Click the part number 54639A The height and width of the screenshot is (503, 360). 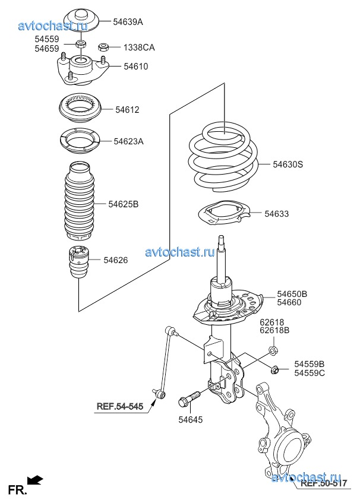click(128, 22)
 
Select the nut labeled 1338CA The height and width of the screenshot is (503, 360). click(103, 47)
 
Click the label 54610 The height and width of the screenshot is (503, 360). click(136, 67)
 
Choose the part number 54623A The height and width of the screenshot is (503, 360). click(129, 141)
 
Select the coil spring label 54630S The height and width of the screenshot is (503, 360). click(288, 164)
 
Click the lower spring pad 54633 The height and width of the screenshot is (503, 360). click(223, 212)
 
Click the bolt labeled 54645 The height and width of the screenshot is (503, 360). click(189, 398)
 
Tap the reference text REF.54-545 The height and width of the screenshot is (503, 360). click(120, 406)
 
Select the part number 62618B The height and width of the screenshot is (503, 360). click(274, 330)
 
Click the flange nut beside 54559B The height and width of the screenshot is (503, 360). click(275, 370)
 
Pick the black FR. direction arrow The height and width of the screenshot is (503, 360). click(35, 480)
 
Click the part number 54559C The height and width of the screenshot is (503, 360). click(310, 373)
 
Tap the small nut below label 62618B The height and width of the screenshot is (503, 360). click(273, 350)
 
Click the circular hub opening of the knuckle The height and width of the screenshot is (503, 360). click(291, 452)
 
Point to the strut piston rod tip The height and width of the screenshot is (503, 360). click(221, 238)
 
